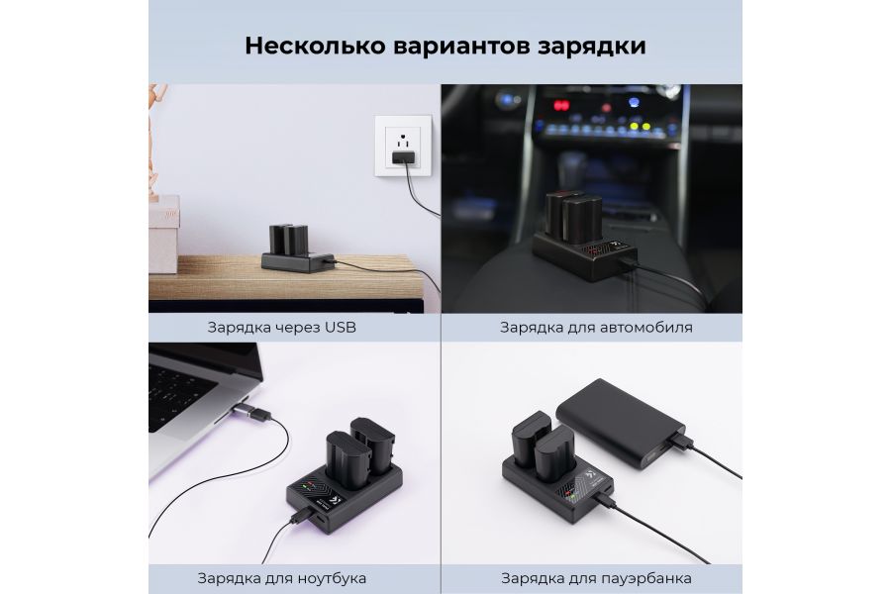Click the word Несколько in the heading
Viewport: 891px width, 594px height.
[304, 46]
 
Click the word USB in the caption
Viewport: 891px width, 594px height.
[339, 327]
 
